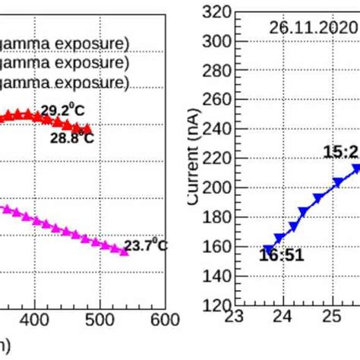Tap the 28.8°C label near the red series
click(x=72, y=138)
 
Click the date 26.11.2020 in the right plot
click(x=312, y=27)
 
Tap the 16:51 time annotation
click(x=281, y=255)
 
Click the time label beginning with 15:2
click(x=341, y=153)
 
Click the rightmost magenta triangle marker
click(x=124, y=251)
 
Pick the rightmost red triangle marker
click(x=89, y=130)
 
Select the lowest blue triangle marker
click(x=268, y=250)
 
